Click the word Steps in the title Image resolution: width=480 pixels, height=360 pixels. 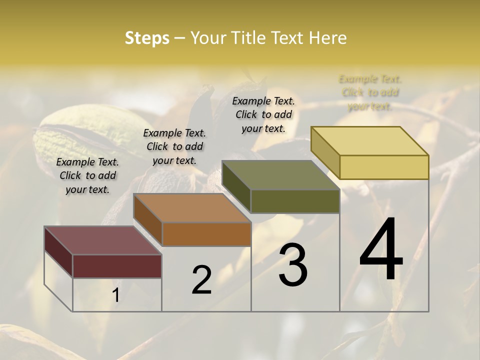pyautogui.click(x=147, y=38)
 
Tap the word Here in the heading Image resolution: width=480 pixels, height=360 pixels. pyautogui.click(x=327, y=38)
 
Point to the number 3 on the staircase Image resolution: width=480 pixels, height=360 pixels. pyautogui.click(x=292, y=265)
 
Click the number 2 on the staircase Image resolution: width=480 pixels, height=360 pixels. pyautogui.click(x=201, y=280)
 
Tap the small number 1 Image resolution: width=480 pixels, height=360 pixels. pyautogui.click(x=116, y=295)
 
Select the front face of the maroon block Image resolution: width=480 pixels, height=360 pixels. pyautogui.click(x=117, y=266)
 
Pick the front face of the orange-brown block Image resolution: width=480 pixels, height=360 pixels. pyautogui.click(x=206, y=234)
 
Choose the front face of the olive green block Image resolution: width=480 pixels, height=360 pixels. pyautogui.click(x=295, y=201)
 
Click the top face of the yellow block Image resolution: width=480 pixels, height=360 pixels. pyautogui.click(x=370, y=141)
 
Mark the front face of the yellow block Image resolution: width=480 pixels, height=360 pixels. pyautogui.click(x=384, y=167)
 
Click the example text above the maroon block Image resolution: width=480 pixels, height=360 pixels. pyautogui.click(x=87, y=175)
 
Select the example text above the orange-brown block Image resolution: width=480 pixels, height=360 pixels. pyautogui.click(x=174, y=146)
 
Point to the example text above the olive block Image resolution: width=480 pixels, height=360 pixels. pyautogui.click(x=263, y=114)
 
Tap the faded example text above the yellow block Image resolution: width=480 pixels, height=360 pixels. pyautogui.click(x=370, y=92)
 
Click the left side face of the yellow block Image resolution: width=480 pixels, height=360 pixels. pyautogui.click(x=325, y=152)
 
